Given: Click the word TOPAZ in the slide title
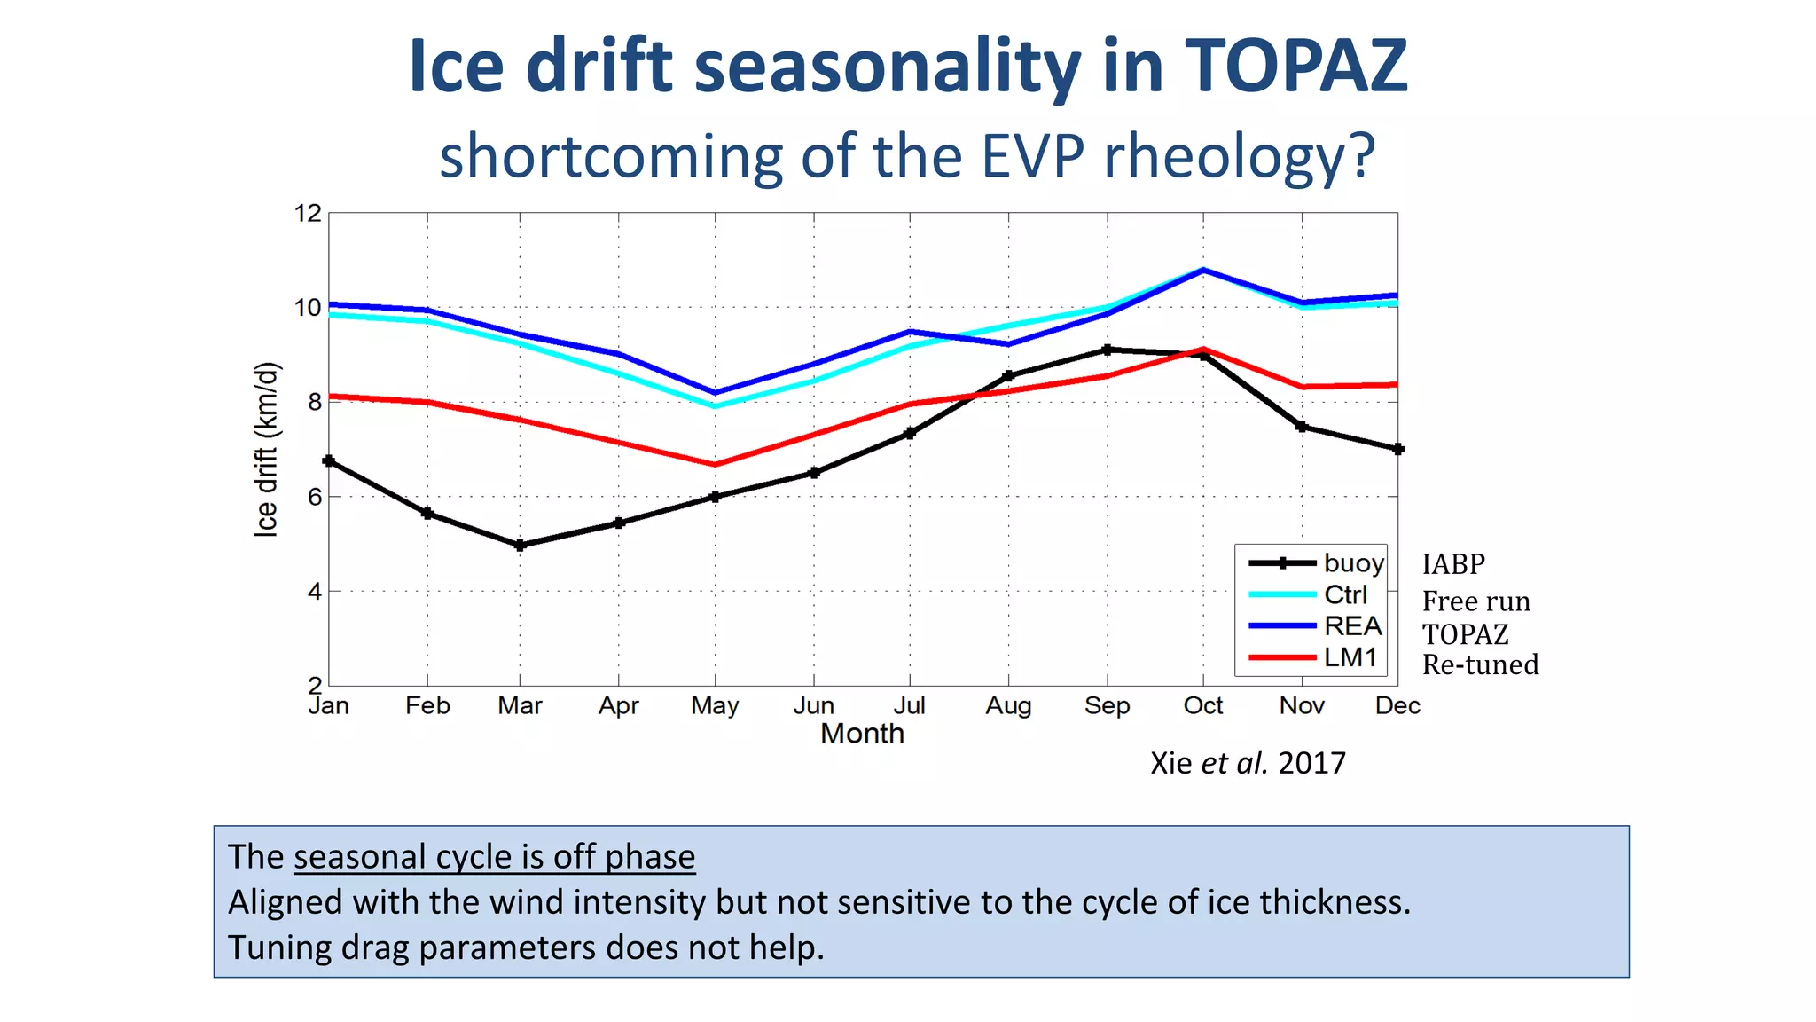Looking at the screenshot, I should (1295, 67).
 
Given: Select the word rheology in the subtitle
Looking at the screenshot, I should (1239, 156).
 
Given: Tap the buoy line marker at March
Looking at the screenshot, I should (520, 546).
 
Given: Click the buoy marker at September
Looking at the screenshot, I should (1107, 350).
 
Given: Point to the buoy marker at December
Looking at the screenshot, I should (1397, 449).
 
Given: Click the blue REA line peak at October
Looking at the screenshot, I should (1203, 270).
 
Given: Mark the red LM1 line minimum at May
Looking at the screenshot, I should (716, 464).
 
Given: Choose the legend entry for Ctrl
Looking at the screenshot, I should (1345, 594).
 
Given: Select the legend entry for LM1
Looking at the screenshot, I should (1350, 657).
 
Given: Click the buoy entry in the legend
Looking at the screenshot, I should (1353, 562).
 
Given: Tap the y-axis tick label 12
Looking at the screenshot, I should (308, 213).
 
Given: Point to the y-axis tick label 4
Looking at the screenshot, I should (314, 591).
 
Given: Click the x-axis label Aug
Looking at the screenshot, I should (1008, 705).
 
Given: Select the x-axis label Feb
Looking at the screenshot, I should (427, 705).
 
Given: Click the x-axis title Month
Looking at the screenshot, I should (862, 734).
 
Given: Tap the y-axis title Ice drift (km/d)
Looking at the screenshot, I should (266, 449).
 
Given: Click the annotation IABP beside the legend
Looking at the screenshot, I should (1453, 564).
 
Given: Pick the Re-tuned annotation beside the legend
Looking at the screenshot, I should (1480, 664).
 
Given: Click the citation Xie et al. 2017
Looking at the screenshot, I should (1248, 763).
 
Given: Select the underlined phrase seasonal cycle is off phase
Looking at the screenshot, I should (494, 857).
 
